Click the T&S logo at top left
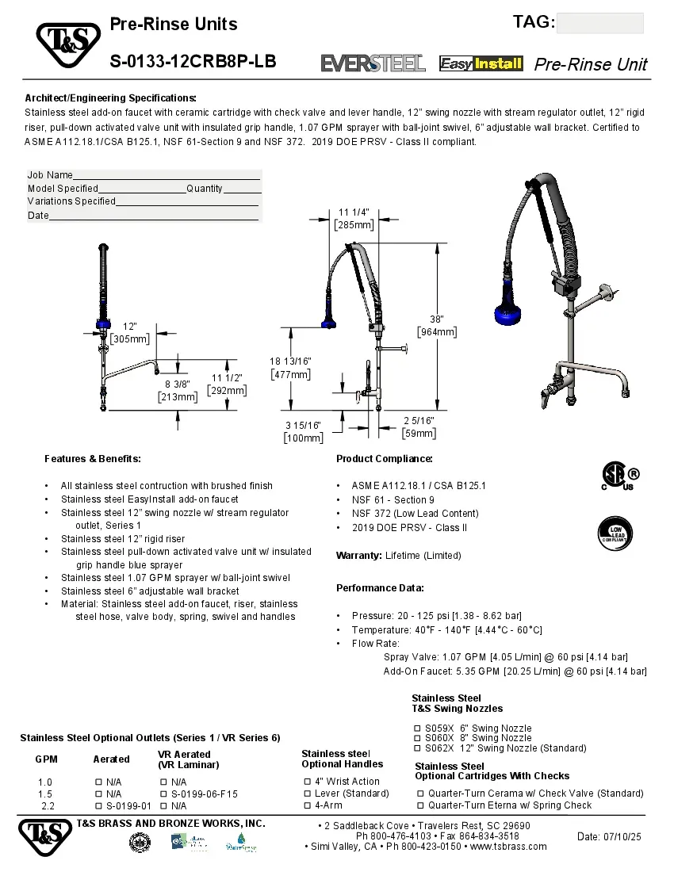pyautogui.click(x=67, y=45)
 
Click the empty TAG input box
pyautogui.click(x=599, y=23)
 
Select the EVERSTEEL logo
pyautogui.click(x=373, y=63)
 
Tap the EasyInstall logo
pyautogui.click(x=481, y=63)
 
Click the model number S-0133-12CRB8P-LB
pyautogui.click(x=193, y=61)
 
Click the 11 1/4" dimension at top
pyautogui.click(x=354, y=212)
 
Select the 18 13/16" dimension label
pyautogui.click(x=290, y=361)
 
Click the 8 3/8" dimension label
pyautogui.click(x=178, y=384)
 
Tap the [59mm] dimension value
pyautogui.click(x=419, y=434)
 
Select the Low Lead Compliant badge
pyautogui.click(x=615, y=533)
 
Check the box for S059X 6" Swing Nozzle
pyautogui.click(x=417, y=729)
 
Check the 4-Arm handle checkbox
pyautogui.click(x=307, y=805)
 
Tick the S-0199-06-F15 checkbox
pyautogui.click(x=163, y=794)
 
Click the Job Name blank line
pyautogui.click(x=167, y=176)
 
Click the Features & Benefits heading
pyautogui.click(x=93, y=459)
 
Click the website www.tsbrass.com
pyautogui.click(x=508, y=846)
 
